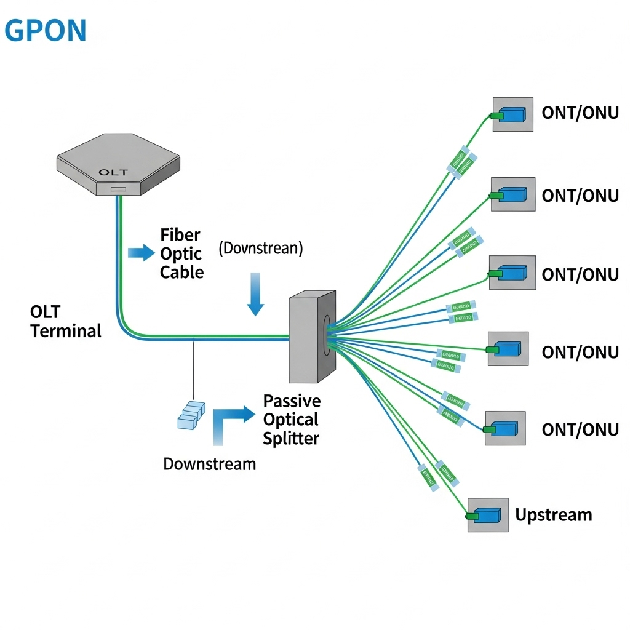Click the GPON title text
pyautogui.click(x=46, y=31)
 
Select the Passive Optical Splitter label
pyautogui.click(x=292, y=420)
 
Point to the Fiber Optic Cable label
pyautogui.click(x=181, y=253)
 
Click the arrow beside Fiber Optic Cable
pyautogui.click(x=141, y=252)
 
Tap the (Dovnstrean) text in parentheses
pyautogui.click(x=261, y=249)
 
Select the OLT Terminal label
pyautogui.click(x=65, y=321)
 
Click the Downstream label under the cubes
pyautogui.click(x=209, y=464)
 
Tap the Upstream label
pyautogui.click(x=554, y=515)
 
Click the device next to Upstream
pyautogui.click(x=488, y=515)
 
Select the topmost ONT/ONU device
pyautogui.click(x=512, y=114)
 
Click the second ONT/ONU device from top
pyautogui.click(x=512, y=194)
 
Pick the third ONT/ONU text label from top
pyautogui.click(x=580, y=274)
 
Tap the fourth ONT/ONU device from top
pyautogui.click(x=508, y=349)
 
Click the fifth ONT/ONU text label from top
pyautogui.click(x=580, y=429)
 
